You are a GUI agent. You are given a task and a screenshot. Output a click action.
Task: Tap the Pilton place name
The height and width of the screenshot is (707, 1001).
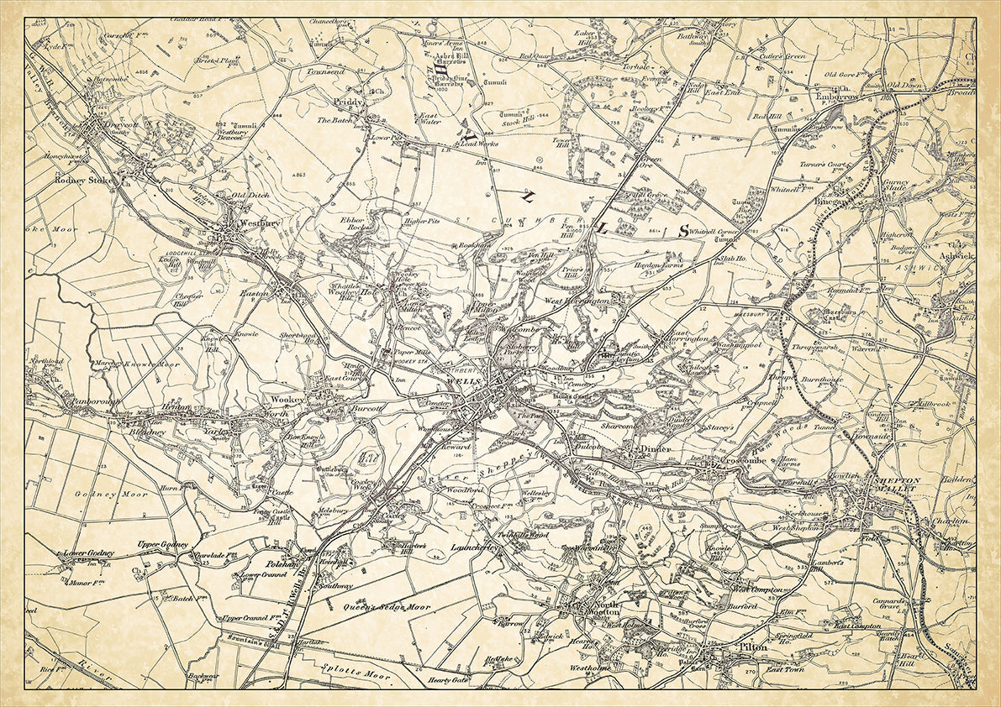(x=752, y=647)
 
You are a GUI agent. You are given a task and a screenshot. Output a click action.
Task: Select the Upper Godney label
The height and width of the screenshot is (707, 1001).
(x=163, y=545)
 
